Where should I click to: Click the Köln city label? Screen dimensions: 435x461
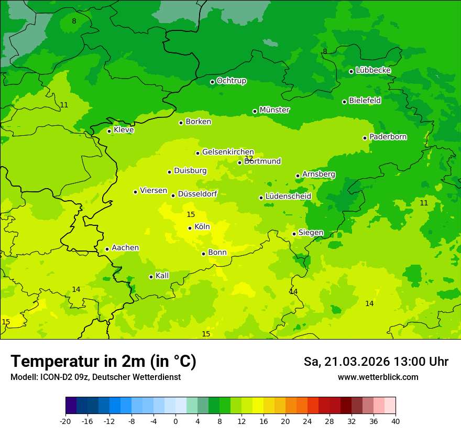[202, 227]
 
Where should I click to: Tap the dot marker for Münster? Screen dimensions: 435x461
[255, 111]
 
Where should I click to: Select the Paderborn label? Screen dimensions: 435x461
[388, 137]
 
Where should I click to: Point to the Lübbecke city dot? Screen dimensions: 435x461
[351, 71]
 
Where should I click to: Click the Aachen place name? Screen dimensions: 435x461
[125, 247]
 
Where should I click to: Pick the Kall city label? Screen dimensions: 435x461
[162, 275]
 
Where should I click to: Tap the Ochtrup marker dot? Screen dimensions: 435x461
[212, 82]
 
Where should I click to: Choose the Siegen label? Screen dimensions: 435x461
[311, 232]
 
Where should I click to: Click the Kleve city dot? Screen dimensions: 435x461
[109, 131]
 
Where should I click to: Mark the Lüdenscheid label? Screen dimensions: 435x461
[288, 196]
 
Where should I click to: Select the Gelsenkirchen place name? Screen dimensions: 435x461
[228, 152]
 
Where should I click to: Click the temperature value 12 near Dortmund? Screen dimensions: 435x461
[249, 158]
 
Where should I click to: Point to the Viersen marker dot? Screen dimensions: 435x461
[135, 192]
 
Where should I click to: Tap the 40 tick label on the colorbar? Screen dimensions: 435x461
[396, 421]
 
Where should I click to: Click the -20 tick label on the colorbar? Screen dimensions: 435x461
[65, 421]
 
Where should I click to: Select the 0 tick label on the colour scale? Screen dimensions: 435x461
[175, 421]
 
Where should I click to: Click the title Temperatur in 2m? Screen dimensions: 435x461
[103, 362]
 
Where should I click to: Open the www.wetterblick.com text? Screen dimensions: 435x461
[378, 377]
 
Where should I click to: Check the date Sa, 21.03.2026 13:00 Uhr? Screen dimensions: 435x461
[376, 362]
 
